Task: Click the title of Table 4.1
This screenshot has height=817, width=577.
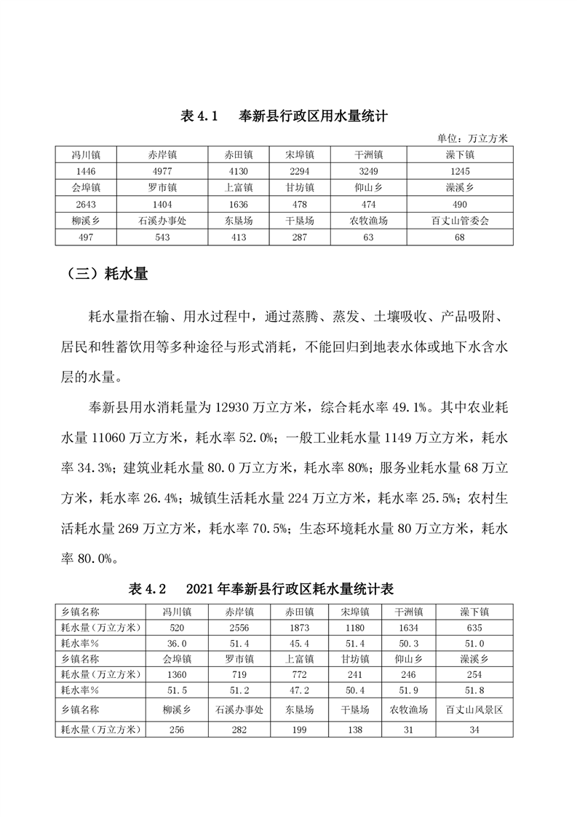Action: click(283, 116)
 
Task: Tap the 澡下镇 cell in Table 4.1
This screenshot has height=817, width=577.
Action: click(459, 154)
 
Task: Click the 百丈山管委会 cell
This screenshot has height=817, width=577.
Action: click(459, 221)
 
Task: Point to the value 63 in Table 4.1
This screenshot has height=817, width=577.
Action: click(368, 237)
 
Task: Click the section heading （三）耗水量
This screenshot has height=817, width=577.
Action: click(107, 275)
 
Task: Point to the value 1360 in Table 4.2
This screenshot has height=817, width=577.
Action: click(178, 674)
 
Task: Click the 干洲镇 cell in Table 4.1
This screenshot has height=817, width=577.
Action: click(368, 154)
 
